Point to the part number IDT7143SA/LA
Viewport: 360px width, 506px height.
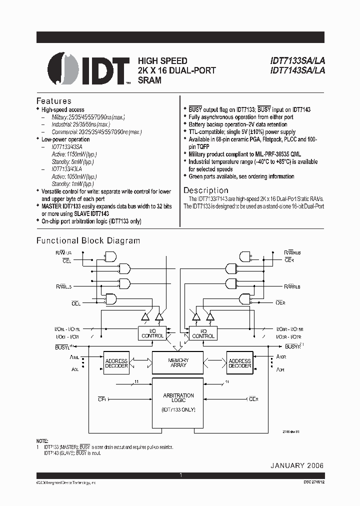(x=297, y=70)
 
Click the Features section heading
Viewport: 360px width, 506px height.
(x=54, y=101)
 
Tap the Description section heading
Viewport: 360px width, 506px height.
(x=205, y=190)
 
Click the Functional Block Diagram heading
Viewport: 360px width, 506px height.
(x=88, y=240)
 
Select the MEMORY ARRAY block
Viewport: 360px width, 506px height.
(x=178, y=362)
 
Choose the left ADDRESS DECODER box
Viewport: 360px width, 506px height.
(x=115, y=363)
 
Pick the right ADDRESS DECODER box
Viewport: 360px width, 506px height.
(x=239, y=363)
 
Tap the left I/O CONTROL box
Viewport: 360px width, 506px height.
(x=152, y=333)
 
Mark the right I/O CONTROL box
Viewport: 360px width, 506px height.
(x=203, y=333)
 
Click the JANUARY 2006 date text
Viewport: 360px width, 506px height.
(x=297, y=465)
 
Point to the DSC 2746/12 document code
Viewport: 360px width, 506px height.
(x=309, y=481)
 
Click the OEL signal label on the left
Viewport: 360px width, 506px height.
(x=75, y=303)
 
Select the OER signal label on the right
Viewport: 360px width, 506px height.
(x=281, y=303)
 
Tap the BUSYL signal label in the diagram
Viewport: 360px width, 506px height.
(x=62, y=346)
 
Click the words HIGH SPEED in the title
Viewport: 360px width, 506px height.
(x=162, y=61)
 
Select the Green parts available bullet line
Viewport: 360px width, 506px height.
(x=241, y=176)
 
